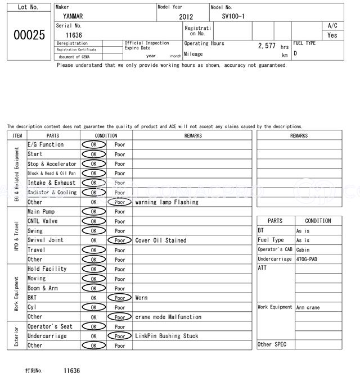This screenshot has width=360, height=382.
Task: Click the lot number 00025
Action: pos(29,35)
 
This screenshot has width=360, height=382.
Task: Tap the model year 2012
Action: pos(186,17)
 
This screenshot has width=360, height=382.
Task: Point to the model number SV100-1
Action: pos(233,16)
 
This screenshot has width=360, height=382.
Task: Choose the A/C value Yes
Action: pos(332,35)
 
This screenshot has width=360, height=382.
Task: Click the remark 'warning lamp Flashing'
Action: pos(166,202)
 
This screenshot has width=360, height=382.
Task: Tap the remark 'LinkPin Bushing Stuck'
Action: pos(166,336)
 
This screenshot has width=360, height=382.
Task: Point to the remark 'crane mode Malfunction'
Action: pos(168,317)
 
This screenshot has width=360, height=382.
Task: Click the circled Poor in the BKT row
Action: pos(120,298)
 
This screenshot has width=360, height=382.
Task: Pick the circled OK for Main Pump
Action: pos(93,212)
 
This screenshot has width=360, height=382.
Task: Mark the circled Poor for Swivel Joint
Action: pos(120,240)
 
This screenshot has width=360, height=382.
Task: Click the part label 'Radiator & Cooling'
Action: pos(52,192)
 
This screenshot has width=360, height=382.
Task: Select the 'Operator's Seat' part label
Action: pos(50,326)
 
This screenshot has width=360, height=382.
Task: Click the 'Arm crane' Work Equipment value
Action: pos(308,307)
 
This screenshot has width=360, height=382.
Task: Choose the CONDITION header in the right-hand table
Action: pos(318,221)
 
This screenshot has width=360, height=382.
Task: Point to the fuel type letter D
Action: pos(295,54)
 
